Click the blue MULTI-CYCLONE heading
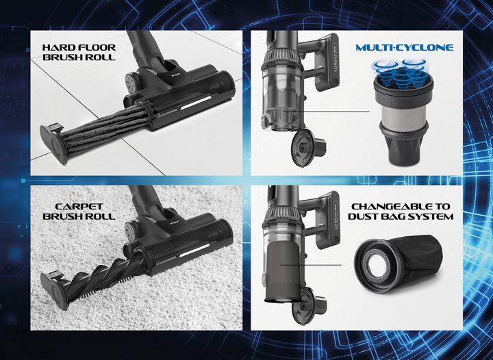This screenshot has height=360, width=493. coord(405,47)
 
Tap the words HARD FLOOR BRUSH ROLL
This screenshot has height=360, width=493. coord(79,52)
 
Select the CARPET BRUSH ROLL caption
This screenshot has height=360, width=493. coord(79,211)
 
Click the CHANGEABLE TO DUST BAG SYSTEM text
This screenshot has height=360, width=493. coord(401,211)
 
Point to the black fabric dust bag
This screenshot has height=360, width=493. coord(418,255)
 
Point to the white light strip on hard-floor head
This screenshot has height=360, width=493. coord(196,103)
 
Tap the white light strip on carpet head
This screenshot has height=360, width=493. coord(195,249)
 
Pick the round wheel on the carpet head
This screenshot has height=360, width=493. coord(131,230)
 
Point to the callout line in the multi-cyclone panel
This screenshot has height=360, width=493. coord(326,112)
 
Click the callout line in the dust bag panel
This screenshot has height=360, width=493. coord(311,265)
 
